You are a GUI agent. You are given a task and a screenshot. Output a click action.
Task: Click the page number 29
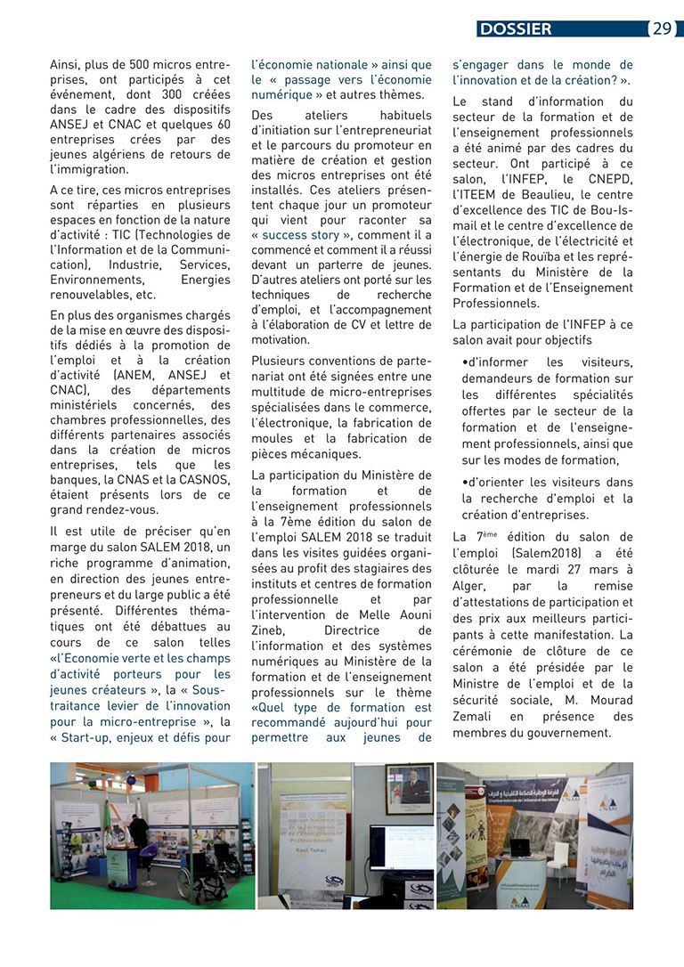point(663,28)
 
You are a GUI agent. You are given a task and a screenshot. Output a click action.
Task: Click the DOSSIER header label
point(516,28)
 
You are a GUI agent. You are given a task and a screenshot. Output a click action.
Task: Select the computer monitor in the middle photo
point(401,847)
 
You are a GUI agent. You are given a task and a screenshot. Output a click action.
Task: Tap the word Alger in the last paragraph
point(469,586)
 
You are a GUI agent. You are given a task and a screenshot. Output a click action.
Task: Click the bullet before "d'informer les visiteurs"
point(465,362)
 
